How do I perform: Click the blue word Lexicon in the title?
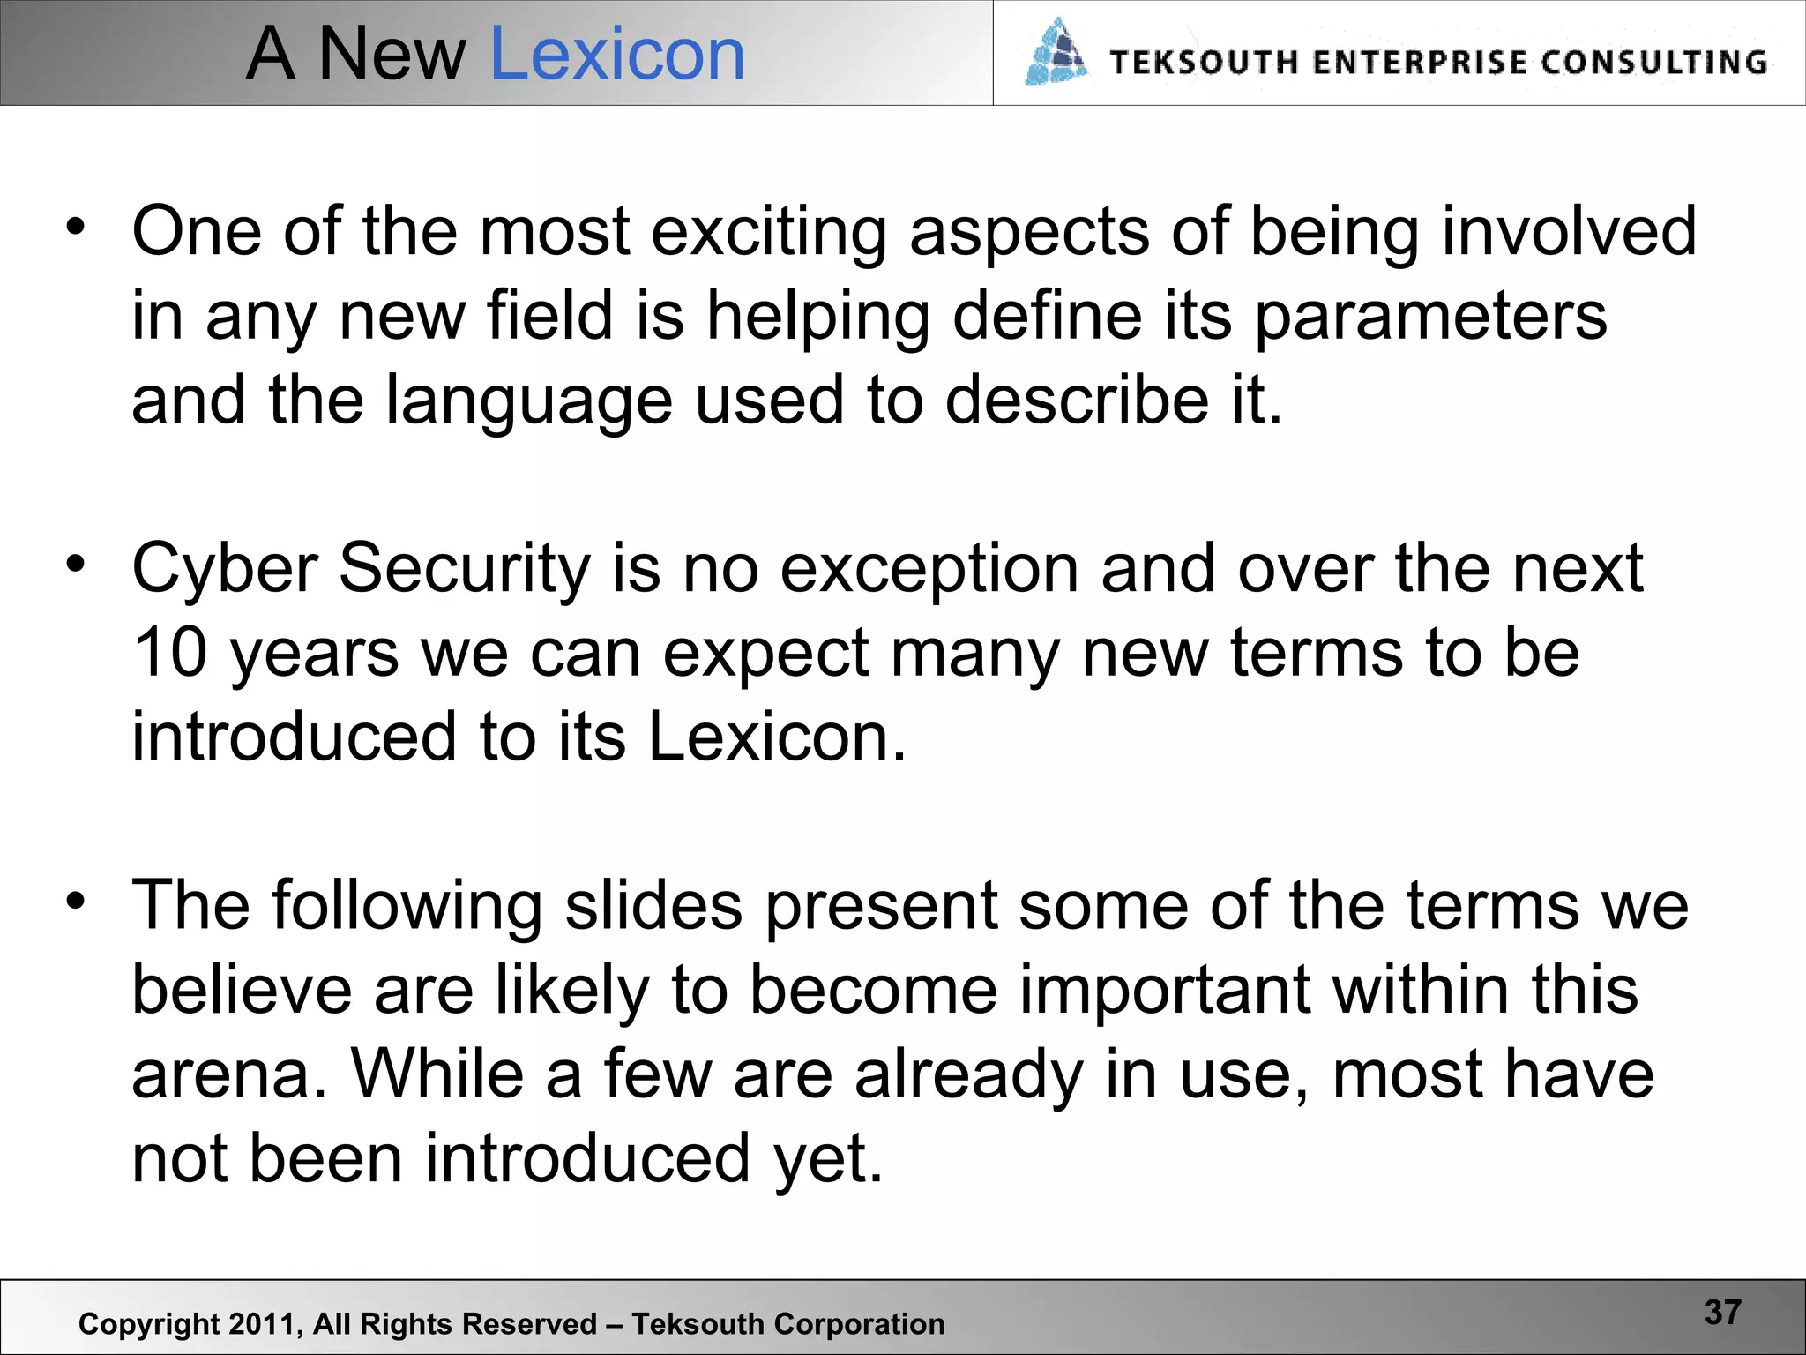[x=616, y=55]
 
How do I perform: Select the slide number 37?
[x=1722, y=1312]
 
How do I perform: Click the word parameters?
[x=1429, y=316]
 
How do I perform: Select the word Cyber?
[x=225, y=569]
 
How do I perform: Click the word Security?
[x=465, y=569]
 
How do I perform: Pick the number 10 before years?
[x=170, y=653]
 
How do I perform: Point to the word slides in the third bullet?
[x=653, y=906]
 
